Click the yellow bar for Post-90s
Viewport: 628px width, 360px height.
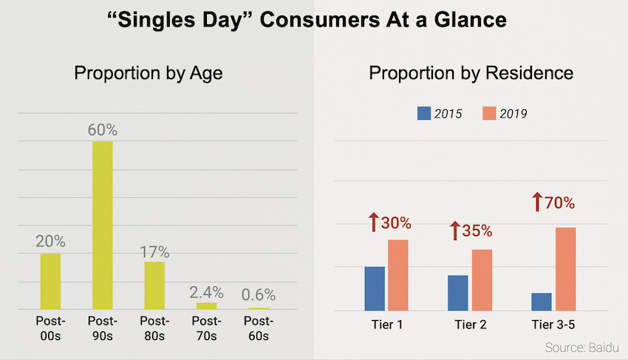102,225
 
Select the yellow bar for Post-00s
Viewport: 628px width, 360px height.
50,281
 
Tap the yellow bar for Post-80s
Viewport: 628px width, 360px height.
154,285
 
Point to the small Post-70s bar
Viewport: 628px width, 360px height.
207,305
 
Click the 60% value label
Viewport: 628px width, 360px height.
102,130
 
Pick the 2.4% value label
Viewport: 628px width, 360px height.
207,292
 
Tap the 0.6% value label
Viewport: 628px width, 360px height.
259,295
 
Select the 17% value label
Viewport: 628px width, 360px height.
154,251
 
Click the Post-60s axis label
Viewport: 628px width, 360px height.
259,329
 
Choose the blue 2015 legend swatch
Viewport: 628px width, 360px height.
424,113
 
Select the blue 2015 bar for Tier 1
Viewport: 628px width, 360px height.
374,288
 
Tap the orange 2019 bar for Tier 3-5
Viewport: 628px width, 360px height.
566,268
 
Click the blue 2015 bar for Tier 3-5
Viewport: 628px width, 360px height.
542,302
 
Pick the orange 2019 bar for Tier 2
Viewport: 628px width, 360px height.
482,279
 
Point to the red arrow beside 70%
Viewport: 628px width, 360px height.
538,202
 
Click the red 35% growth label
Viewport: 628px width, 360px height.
477,231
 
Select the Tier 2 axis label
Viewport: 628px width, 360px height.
470,325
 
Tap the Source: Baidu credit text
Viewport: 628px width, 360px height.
581,347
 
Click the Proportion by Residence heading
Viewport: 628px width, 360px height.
471,74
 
